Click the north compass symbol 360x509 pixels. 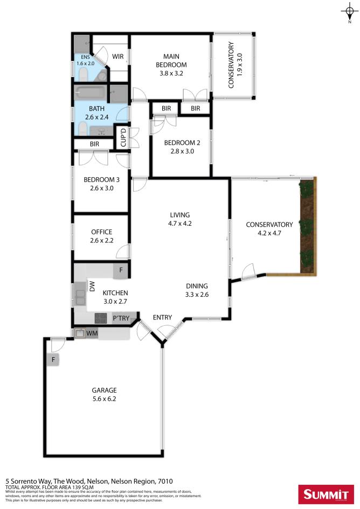coord(349,12)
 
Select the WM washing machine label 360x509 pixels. coord(92,334)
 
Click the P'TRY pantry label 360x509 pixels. coord(121,319)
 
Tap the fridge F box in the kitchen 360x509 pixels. coord(121,270)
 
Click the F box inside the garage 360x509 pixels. coord(53,359)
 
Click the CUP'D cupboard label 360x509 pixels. coord(123,137)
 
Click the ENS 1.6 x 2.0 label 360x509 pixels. coord(85,60)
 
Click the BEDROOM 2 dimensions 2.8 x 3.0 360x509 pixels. coord(179,152)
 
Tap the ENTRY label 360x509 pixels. coord(162,317)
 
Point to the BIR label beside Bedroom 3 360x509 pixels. coord(94,144)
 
